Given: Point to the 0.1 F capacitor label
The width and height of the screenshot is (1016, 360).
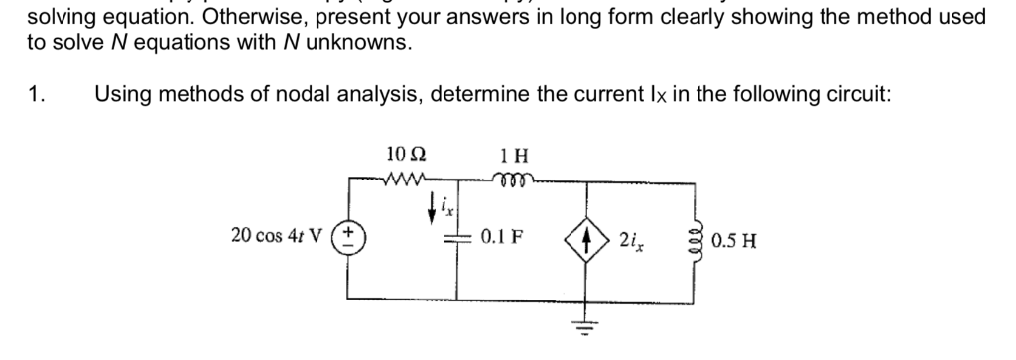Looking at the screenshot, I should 502,238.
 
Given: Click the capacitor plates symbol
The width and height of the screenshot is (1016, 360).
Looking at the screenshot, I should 460,239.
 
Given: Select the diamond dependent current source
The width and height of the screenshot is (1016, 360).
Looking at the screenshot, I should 584,238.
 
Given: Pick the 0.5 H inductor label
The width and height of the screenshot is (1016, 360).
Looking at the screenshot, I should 736,239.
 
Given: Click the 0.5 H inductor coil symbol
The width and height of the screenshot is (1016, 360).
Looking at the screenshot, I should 691,239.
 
